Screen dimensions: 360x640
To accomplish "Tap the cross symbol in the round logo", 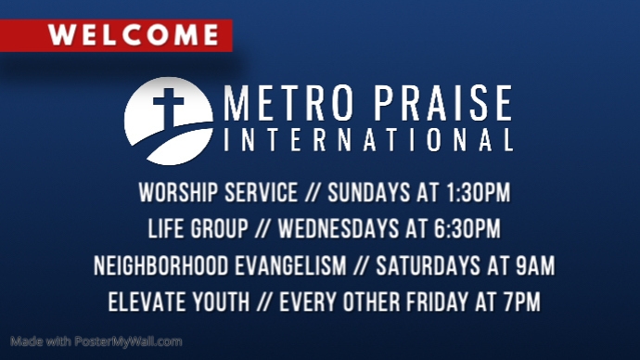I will click(x=169, y=109).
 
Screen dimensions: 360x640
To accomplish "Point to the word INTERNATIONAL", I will click(x=368, y=143).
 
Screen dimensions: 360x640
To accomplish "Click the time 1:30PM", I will click(x=472, y=194).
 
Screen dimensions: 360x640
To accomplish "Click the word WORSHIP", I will click(x=172, y=194).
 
